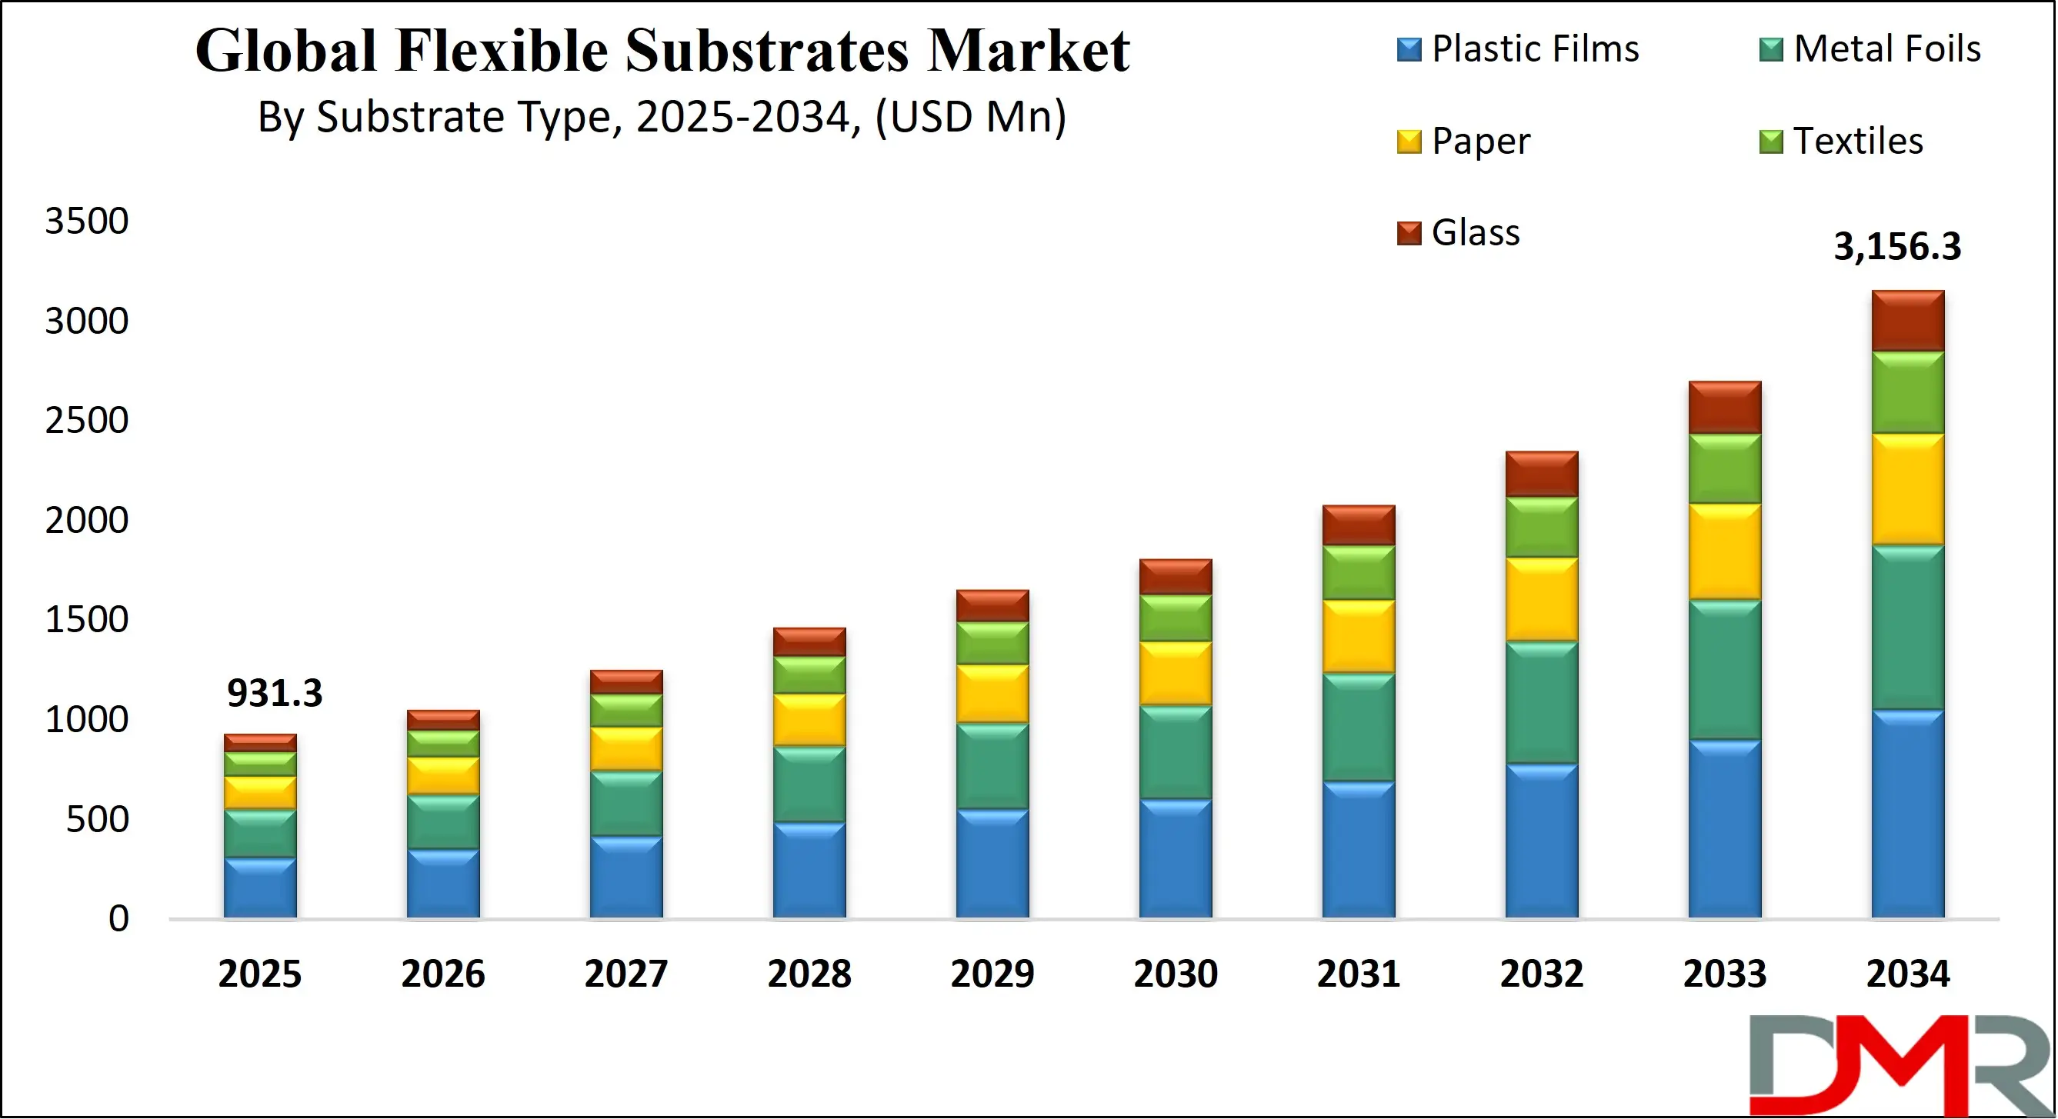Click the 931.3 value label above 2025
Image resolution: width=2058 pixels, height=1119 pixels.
(274, 692)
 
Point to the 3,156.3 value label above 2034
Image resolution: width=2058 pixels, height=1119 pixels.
(1896, 246)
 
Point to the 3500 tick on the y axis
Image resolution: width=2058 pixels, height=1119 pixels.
(86, 221)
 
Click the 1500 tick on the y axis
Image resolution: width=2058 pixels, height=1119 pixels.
(86, 620)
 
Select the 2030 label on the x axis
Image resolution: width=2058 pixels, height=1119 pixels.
(1176, 974)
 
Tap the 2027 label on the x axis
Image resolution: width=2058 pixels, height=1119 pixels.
(625, 974)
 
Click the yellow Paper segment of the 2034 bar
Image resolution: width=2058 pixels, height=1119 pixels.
(1908, 490)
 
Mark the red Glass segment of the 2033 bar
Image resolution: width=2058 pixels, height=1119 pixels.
(1725, 408)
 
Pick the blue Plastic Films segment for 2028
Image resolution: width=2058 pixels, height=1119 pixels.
(809, 870)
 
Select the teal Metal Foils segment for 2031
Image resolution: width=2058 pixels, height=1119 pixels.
(1358, 727)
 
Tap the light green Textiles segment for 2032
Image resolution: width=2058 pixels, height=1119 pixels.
(1542, 527)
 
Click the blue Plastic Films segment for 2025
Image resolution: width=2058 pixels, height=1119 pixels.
(259, 888)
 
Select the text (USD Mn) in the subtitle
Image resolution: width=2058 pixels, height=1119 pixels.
(970, 118)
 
